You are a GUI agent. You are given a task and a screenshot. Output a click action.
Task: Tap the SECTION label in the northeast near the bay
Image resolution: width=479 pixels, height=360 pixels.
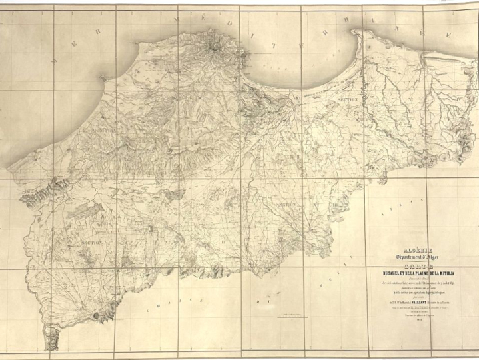click(x=347, y=99)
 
